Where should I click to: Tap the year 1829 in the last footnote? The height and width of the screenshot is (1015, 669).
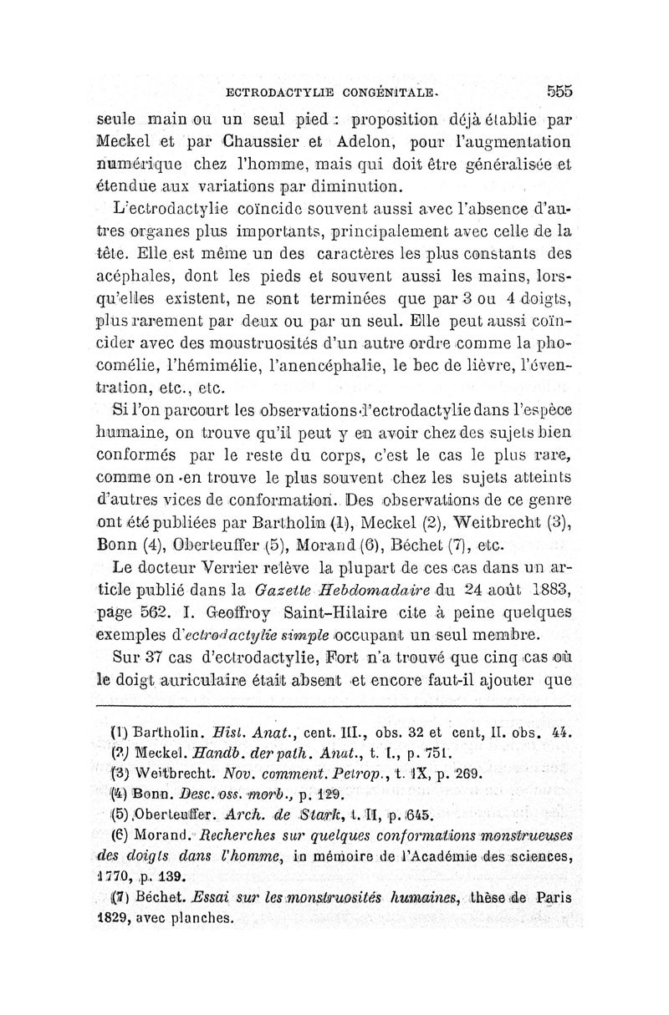pyautogui.click(x=114, y=917)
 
